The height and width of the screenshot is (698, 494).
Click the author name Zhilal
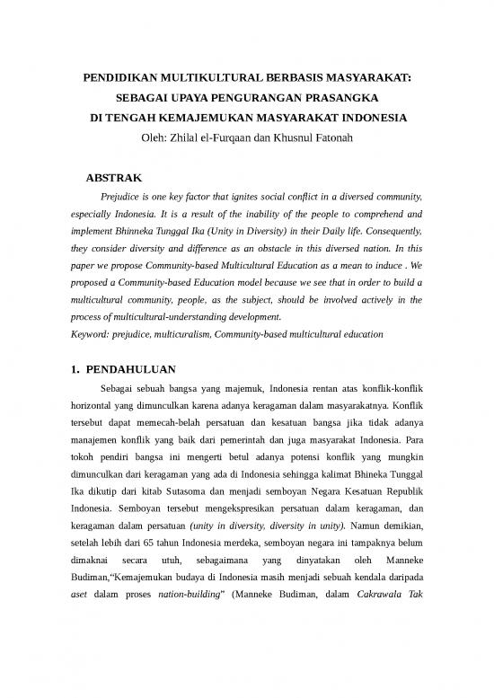[x=199, y=137]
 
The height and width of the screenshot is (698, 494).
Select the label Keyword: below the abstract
[x=93, y=334]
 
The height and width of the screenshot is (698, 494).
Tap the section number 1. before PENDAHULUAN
[x=76, y=369]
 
